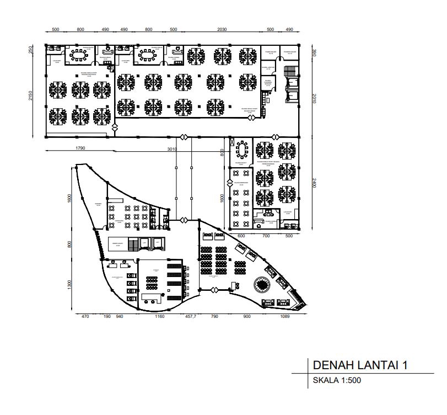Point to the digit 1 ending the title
pos(405,365)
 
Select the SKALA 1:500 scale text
pos(336,380)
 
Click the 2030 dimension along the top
pos(222,29)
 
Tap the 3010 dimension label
pos(172,147)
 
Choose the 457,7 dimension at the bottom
pos(190,317)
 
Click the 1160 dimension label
pos(160,317)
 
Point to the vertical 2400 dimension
pos(313,183)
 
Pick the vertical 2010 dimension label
pos(313,98)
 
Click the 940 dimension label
pos(120,317)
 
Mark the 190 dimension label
pos(106,317)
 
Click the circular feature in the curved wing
pos(260,285)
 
